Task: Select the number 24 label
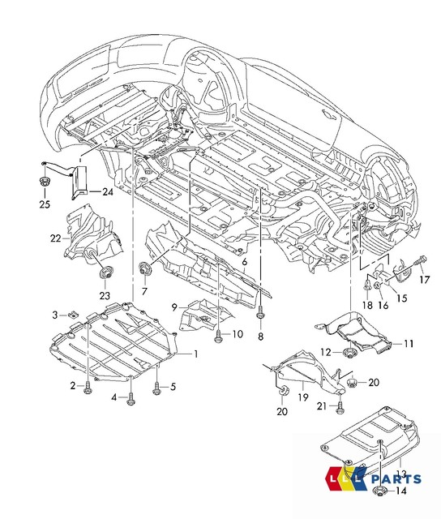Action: tap(107, 191)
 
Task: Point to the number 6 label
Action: tap(245, 264)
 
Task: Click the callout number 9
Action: tap(173, 306)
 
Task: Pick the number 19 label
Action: tap(303, 398)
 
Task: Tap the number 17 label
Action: tap(423, 281)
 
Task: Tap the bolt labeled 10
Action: tap(219, 332)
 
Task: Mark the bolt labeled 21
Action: tap(340, 404)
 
